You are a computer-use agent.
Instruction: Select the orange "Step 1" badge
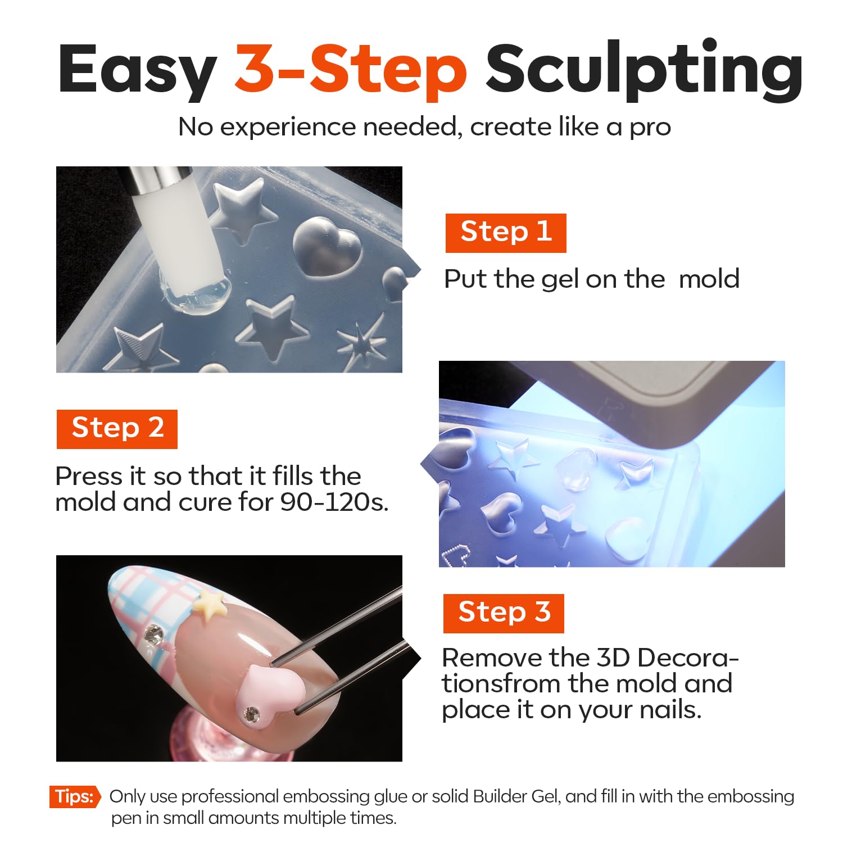pos(506,233)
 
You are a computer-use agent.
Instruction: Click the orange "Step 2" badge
pos(117,429)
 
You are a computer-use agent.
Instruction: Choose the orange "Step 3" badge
pos(504,613)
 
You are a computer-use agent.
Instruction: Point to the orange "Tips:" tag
pos(75,796)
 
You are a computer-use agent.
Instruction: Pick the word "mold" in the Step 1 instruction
pos(709,279)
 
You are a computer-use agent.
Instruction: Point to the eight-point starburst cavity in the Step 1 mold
pos(362,339)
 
